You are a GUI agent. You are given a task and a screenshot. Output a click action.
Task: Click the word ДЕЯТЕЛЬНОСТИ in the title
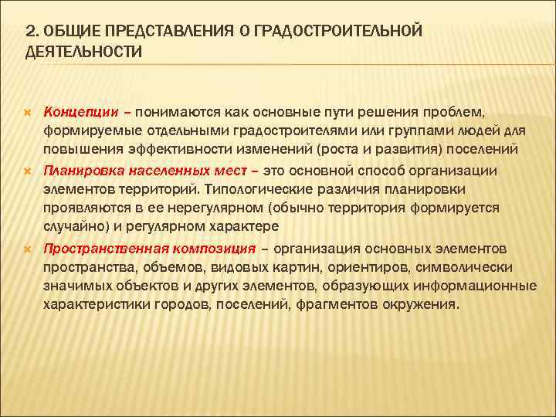point(83,52)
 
